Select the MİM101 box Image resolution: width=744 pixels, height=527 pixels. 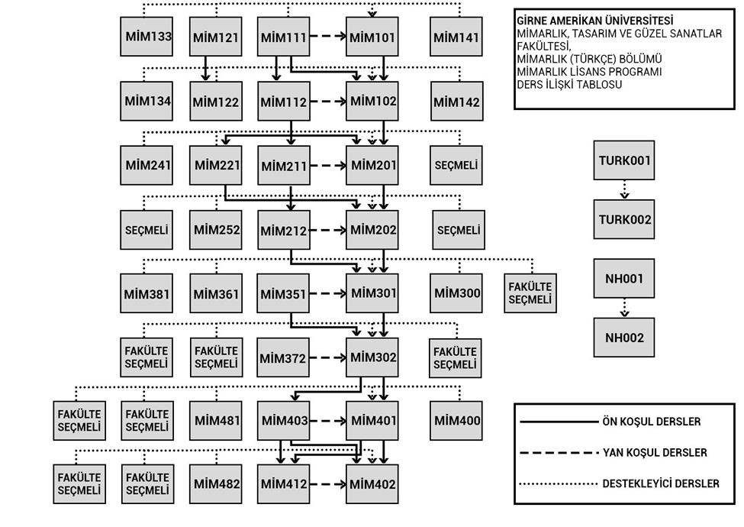click(372, 36)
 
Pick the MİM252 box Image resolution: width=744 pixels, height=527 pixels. click(216, 230)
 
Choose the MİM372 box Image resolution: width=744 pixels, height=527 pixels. click(282, 357)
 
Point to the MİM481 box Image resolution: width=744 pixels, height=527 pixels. click(216, 420)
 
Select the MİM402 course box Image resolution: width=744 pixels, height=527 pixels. click(372, 483)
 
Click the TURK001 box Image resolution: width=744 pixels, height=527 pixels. click(623, 160)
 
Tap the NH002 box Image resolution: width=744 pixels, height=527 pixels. click(623, 337)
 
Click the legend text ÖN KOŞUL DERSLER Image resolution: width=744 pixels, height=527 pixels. click(651, 422)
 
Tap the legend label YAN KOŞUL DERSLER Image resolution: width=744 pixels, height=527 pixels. click(654, 453)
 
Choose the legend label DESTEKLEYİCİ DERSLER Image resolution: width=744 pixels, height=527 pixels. click(660, 483)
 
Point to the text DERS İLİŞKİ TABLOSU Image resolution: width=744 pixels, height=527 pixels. click(569, 84)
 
